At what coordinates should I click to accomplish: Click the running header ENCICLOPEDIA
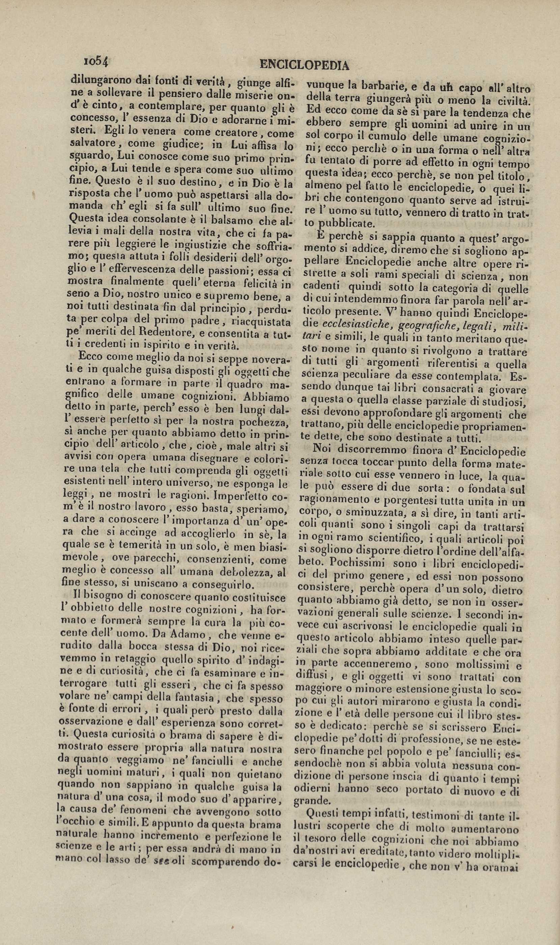pos(305,65)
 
